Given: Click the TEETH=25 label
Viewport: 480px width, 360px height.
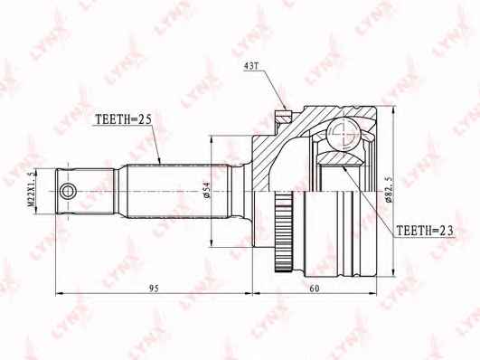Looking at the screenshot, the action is (x=124, y=119).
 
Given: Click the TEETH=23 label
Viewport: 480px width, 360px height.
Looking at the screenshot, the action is (x=425, y=231).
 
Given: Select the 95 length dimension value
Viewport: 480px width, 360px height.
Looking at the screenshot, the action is (x=154, y=289).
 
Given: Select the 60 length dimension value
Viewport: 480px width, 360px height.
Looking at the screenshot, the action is (x=315, y=289).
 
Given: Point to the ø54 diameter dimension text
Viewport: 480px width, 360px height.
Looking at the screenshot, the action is (x=206, y=190).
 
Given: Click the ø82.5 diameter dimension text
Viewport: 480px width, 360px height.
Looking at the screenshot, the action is (x=389, y=190).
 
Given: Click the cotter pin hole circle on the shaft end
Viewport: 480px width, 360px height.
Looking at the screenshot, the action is (x=68, y=192).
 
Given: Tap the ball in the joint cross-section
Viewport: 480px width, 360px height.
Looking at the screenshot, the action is (x=343, y=133).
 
